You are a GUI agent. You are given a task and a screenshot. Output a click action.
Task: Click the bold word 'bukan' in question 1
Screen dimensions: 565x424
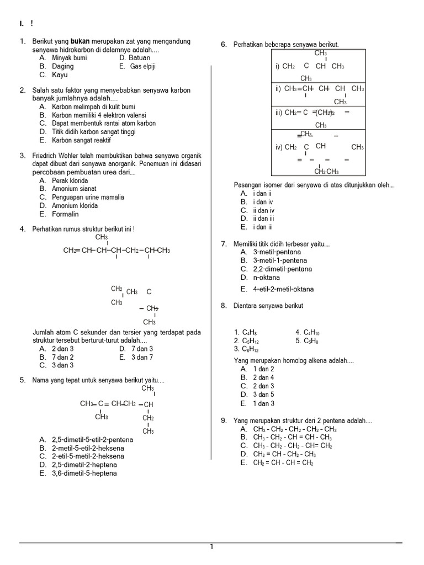click(80, 41)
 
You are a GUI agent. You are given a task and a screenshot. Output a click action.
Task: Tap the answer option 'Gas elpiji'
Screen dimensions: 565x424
click(143, 66)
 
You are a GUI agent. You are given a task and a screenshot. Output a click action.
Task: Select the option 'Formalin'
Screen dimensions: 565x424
click(66, 214)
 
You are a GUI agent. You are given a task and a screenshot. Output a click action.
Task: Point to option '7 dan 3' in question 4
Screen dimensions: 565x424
click(142, 349)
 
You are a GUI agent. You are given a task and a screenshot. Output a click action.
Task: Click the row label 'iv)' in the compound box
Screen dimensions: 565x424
click(279, 147)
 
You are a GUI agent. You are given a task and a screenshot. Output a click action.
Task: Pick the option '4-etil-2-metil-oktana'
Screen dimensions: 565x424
click(283, 289)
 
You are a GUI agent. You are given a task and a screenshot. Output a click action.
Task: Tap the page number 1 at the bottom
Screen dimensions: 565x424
click(211, 547)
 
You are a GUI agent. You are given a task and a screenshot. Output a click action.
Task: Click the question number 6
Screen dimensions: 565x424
click(224, 44)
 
